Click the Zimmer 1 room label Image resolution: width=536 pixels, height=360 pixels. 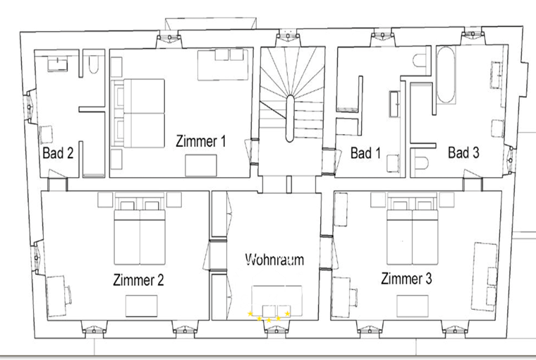point(201,141)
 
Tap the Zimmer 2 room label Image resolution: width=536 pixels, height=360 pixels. point(138,280)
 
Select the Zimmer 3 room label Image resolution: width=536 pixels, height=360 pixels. point(406,278)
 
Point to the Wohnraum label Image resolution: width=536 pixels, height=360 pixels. point(274,259)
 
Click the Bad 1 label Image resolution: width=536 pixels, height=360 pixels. point(365,152)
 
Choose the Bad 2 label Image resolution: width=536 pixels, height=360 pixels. point(58,152)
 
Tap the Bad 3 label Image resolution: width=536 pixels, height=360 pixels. point(463,152)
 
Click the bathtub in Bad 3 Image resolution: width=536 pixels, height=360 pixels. point(446,75)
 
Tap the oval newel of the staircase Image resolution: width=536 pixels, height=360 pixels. point(290,119)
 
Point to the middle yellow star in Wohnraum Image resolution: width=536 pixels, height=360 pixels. point(269,320)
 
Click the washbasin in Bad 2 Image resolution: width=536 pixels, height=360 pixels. point(57,65)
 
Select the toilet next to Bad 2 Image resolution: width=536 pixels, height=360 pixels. point(93,65)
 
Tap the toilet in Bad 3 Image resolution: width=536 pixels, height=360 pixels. point(421,163)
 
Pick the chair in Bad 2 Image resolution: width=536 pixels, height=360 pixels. point(47,135)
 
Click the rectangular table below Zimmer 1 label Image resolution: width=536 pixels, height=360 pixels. point(201,166)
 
